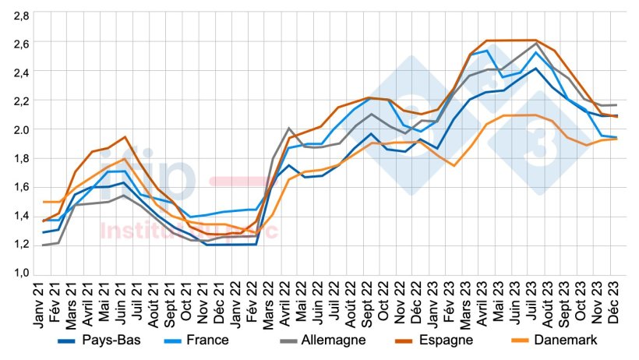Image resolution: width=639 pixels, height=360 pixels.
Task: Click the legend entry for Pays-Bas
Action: coord(110,341)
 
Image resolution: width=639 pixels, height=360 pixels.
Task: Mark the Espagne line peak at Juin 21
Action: coord(125,137)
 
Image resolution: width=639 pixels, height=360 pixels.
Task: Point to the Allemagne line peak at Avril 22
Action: coord(288,128)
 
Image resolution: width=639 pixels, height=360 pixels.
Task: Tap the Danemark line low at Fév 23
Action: coord(454,165)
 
